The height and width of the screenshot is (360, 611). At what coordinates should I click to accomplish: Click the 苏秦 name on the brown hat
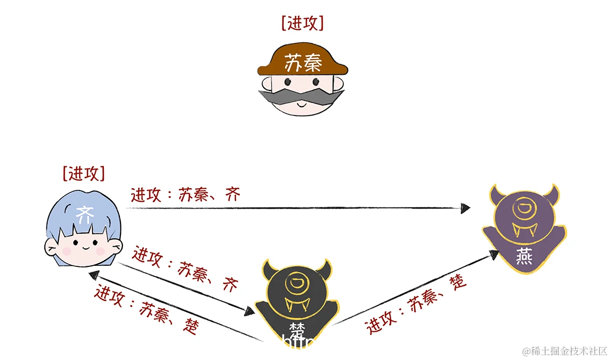pyautogui.click(x=303, y=64)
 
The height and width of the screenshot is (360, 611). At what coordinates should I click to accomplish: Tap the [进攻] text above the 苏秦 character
pyautogui.click(x=302, y=23)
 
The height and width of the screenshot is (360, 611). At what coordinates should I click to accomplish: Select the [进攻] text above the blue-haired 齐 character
pyautogui.click(x=83, y=173)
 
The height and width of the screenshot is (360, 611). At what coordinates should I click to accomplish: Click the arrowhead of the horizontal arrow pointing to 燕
pyautogui.click(x=465, y=208)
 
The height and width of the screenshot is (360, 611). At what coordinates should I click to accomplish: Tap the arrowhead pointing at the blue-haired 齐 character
pyautogui.click(x=94, y=275)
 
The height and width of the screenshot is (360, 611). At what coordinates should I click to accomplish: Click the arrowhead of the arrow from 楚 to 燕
pyautogui.click(x=493, y=254)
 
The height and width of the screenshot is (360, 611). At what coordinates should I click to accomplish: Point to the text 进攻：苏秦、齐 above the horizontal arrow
pyautogui.click(x=185, y=194)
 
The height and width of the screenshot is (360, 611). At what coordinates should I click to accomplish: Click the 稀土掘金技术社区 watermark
pyautogui.click(x=565, y=351)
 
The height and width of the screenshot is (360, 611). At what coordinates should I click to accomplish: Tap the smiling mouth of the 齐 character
pyautogui.click(x=85, y=248)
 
